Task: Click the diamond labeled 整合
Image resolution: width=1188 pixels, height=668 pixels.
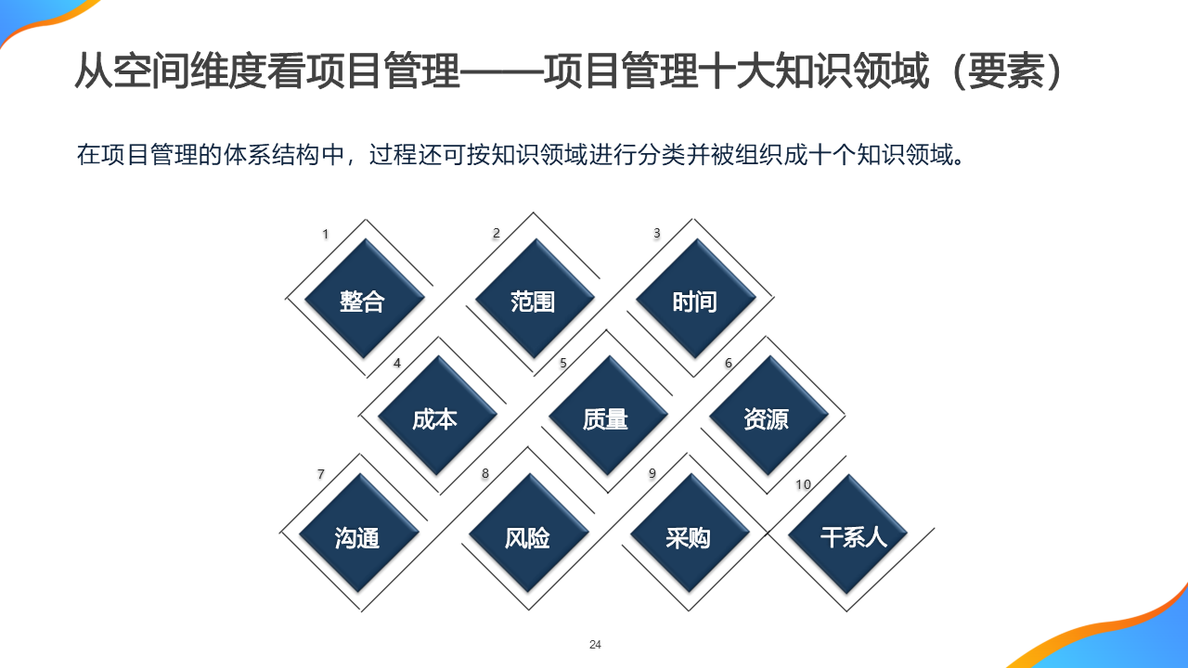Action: point(363,301)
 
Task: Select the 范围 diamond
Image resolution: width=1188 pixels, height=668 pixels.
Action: point(534,301)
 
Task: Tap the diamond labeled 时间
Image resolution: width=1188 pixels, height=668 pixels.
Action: point(694,301)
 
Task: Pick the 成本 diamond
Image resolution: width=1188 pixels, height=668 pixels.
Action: point(435,418)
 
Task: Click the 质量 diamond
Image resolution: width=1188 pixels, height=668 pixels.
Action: point(606,418)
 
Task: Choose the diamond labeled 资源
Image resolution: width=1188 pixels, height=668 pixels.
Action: point(767,418)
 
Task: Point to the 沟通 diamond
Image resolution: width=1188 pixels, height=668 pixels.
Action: point(357,536)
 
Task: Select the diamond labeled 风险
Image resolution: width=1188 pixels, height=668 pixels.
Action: point(528,536)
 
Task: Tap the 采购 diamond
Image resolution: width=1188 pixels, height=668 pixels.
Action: point(689,536)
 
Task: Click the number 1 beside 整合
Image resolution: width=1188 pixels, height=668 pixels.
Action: point(325,234)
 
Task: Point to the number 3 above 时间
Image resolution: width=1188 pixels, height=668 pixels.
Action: point(657,233)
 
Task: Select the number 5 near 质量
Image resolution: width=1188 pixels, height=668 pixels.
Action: point(562,363)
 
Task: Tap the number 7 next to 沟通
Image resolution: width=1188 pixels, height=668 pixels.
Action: point(321,474)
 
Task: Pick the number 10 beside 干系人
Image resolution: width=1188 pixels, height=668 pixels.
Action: point(803,484)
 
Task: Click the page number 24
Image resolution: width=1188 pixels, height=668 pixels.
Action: point(595,645)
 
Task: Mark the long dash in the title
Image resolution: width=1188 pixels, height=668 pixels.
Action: point(502,71)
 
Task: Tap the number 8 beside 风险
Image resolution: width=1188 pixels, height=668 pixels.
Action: point(484,474)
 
